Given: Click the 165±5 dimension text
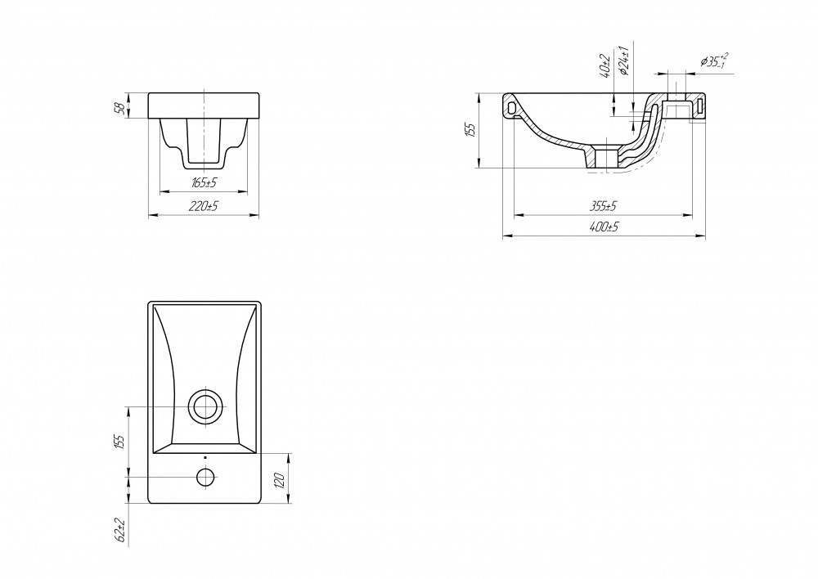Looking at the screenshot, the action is coord(204,182).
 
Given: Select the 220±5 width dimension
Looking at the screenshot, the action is coord(204,206).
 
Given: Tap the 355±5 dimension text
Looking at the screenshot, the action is coord(603,206).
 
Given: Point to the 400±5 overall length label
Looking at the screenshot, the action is coord(604,227).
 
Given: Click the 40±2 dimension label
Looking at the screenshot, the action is coord(605,65).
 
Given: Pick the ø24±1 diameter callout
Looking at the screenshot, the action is coord(622,60).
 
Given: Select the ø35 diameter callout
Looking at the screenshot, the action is coord(714,61).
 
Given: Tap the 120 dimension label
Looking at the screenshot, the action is coord(279,480).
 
